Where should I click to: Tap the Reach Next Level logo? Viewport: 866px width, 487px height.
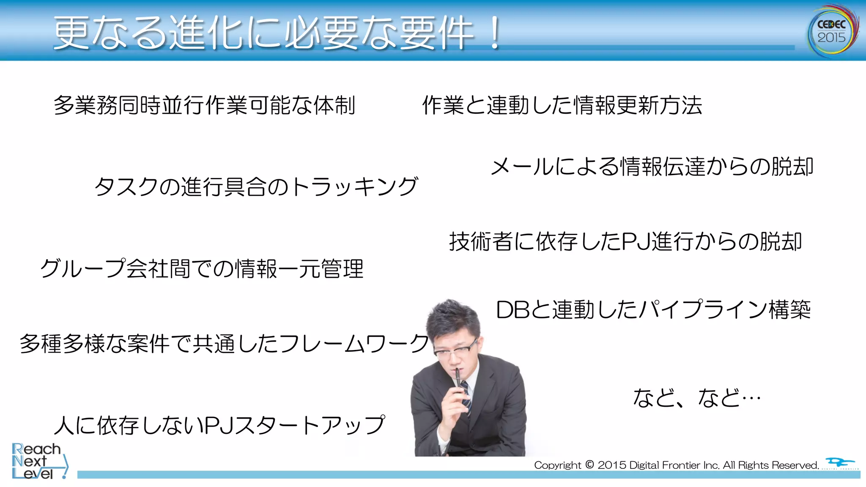click(x=38, y=461)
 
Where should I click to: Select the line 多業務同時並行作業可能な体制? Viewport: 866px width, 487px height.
click(x=204, y=105)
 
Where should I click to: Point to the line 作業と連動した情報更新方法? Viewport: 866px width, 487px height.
click(x=562, y=105)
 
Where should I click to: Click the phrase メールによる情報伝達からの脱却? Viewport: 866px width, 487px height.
click(x=652, y=166)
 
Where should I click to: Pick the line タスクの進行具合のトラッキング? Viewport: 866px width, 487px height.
click(x=256, y=186)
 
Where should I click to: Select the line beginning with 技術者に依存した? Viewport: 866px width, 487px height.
click(x=625, y=241)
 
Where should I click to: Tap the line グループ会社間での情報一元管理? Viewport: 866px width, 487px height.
click(x=202, y=268)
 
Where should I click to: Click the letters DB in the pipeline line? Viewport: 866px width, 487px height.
click(x=512, y=310)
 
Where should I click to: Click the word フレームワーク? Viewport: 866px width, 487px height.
click(x=354, y=343)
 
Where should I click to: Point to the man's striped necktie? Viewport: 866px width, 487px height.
click(x=466, y=395)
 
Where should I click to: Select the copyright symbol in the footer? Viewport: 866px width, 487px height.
click(x=589, y=465)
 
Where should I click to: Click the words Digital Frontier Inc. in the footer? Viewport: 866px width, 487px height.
click(x=674, y=465)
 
